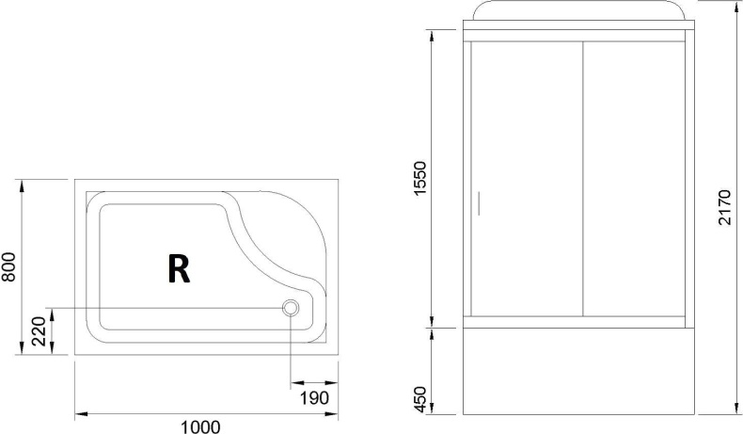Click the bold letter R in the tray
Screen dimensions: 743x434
(179, 268)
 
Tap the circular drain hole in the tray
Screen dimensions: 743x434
(291, 308)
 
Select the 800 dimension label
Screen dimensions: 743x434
(8, 266)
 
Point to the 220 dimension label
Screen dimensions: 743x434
(40, 331)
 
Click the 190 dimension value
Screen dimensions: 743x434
(314, 398)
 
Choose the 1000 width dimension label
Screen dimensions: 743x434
(200, 426)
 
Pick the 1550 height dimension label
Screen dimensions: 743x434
(420, 178)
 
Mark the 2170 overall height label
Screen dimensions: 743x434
(725, 207)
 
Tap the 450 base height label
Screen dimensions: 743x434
(420, 399)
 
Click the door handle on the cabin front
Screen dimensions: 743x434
(479, 203)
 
